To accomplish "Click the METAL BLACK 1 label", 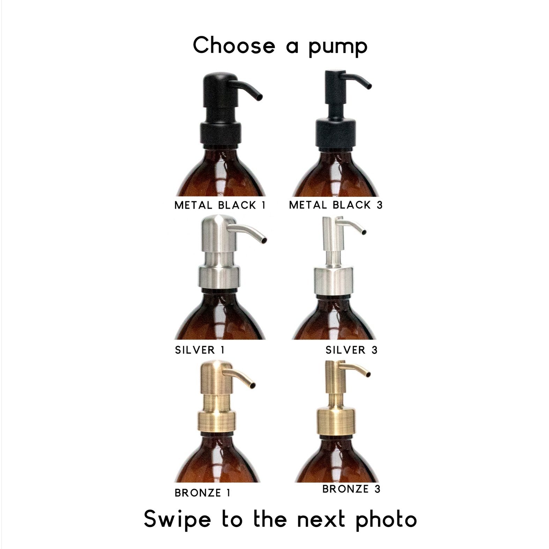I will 220,205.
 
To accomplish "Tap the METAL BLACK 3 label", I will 336,205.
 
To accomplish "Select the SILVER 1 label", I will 200,350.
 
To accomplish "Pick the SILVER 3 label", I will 351,350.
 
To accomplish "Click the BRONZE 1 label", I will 202,493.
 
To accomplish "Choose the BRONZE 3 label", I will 351,489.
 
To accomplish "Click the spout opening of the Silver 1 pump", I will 264,240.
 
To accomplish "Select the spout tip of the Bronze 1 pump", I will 253,385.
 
